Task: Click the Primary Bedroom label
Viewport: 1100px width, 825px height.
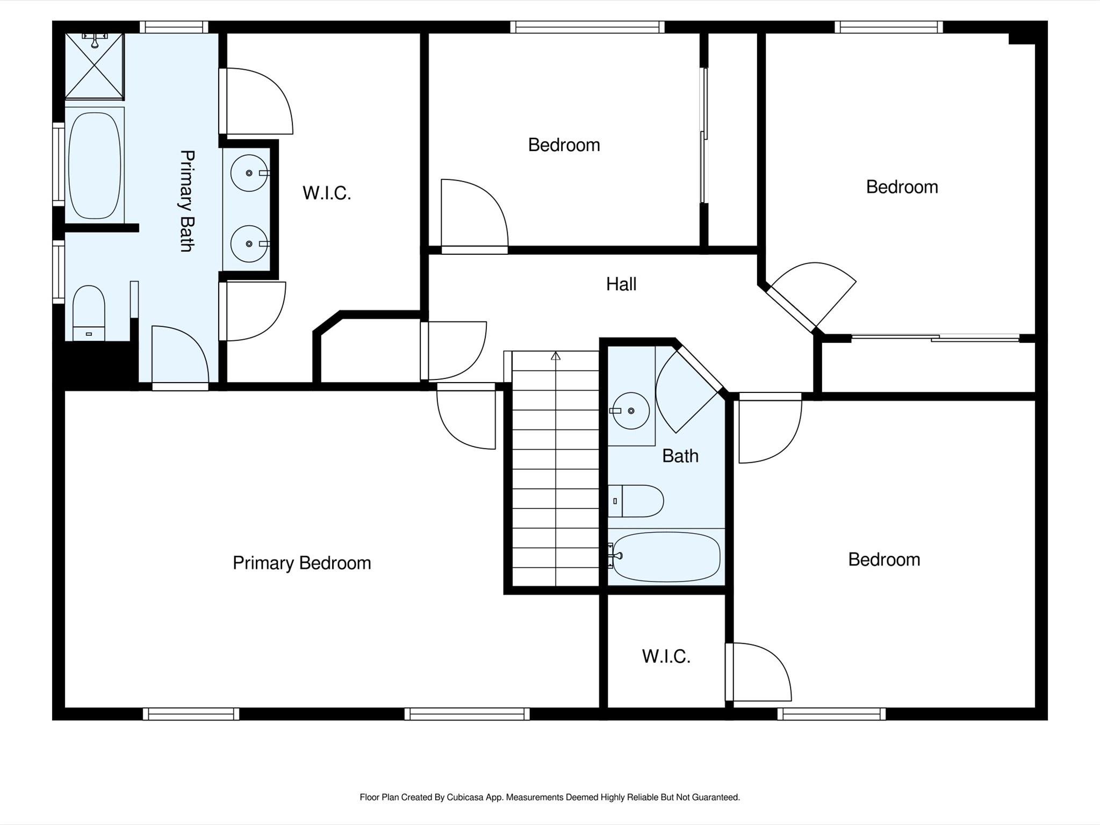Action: point(301,563)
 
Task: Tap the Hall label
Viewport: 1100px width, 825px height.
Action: point(621,284)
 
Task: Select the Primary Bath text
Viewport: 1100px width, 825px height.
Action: point(186,200)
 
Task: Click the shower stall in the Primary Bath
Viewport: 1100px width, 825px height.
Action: point(95,66)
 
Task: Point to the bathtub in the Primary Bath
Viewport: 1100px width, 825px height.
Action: point(95,165)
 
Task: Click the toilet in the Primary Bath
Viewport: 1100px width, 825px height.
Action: point(89,313)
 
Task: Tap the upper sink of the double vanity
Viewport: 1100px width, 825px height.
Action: point(249,173)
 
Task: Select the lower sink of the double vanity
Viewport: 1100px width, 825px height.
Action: point(249,244)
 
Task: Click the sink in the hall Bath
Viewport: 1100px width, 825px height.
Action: point(630,411)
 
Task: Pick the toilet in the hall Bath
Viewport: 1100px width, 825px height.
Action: point(636,501)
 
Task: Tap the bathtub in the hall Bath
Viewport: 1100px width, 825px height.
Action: point(666,557)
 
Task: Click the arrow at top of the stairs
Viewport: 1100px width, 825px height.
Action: point(556,356)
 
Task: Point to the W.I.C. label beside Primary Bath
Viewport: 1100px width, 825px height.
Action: point(327,193)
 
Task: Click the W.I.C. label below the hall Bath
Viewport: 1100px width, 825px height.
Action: point(666,656)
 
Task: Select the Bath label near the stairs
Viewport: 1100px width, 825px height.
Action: point(680,456)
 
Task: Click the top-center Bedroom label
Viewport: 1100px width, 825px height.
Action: point(564,145)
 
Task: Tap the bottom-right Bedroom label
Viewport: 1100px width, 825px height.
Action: point(884,559)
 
